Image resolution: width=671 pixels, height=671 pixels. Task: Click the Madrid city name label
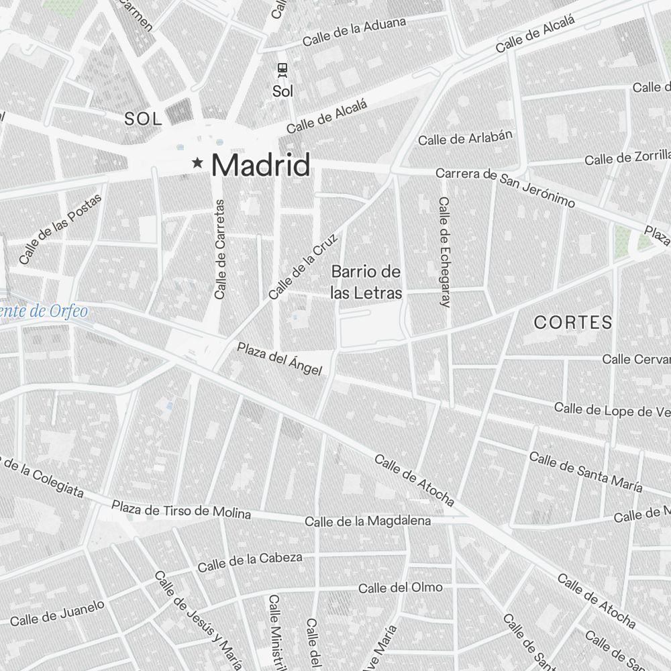click(261, 165)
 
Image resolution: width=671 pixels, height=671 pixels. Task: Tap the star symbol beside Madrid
click(198, 162)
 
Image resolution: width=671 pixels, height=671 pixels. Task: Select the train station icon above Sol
click(283, 70)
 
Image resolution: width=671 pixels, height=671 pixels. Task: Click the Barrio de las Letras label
click(366, 282)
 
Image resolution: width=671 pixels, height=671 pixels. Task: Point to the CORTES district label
click(573, 322)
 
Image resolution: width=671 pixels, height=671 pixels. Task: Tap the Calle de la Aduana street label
click(354, 32)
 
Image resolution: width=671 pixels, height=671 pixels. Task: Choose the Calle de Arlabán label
click(465, 137)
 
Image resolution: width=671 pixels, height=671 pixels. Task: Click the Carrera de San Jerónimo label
click(506, 187)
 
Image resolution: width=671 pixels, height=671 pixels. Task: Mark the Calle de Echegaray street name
click(444, 252)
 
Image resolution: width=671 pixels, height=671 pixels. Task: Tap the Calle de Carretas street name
click(219, 249)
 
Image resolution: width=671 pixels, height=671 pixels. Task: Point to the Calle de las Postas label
click(60, 229)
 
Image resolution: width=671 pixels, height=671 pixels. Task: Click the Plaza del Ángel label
click(279, 358)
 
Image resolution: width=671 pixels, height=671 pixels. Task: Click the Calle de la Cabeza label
click(250, 562)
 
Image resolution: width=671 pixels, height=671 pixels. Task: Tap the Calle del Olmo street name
click(400, 588)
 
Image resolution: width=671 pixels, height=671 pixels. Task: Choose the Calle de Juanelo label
click(57, 612)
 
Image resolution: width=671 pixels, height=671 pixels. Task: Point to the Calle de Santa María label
click(586, 472)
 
